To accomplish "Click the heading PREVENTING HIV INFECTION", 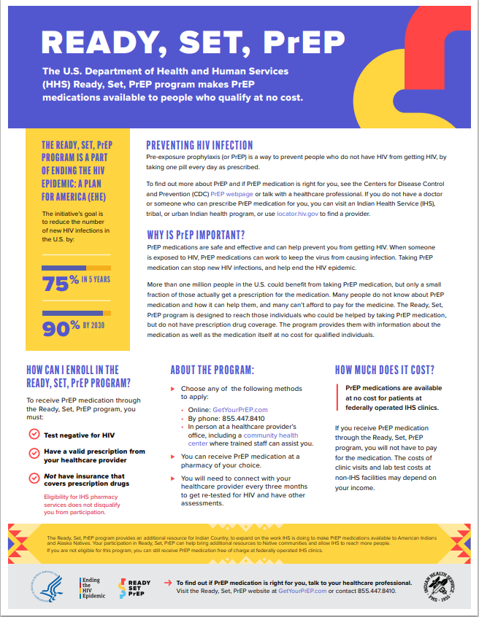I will click(x=199, y=145).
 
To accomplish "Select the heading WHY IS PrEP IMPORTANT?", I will click(x=196, y=235).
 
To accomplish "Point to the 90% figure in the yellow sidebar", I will click(x=61, y=329).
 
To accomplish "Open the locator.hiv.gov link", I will click(x=299, y=214).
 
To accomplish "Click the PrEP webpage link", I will click(x=231, y=195).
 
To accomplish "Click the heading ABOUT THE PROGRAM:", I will click(x=212, y=370).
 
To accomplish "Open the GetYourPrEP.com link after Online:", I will click(x=239, y=410).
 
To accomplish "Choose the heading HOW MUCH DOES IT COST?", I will click(x=384, y=370).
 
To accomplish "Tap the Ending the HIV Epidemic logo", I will click(x=91, y=587).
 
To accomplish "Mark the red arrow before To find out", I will click(x=169, y=583).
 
